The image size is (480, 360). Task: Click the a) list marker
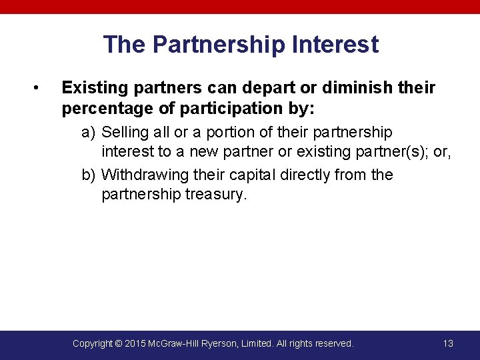[x=89, y=132]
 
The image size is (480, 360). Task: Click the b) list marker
[x=89, y=175]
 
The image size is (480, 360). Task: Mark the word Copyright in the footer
[x=92, y=343]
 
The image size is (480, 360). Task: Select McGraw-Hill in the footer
[x=178, y=343]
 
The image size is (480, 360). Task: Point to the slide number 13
[x=448, y=343]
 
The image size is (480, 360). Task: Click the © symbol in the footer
[x=118, y=343]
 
